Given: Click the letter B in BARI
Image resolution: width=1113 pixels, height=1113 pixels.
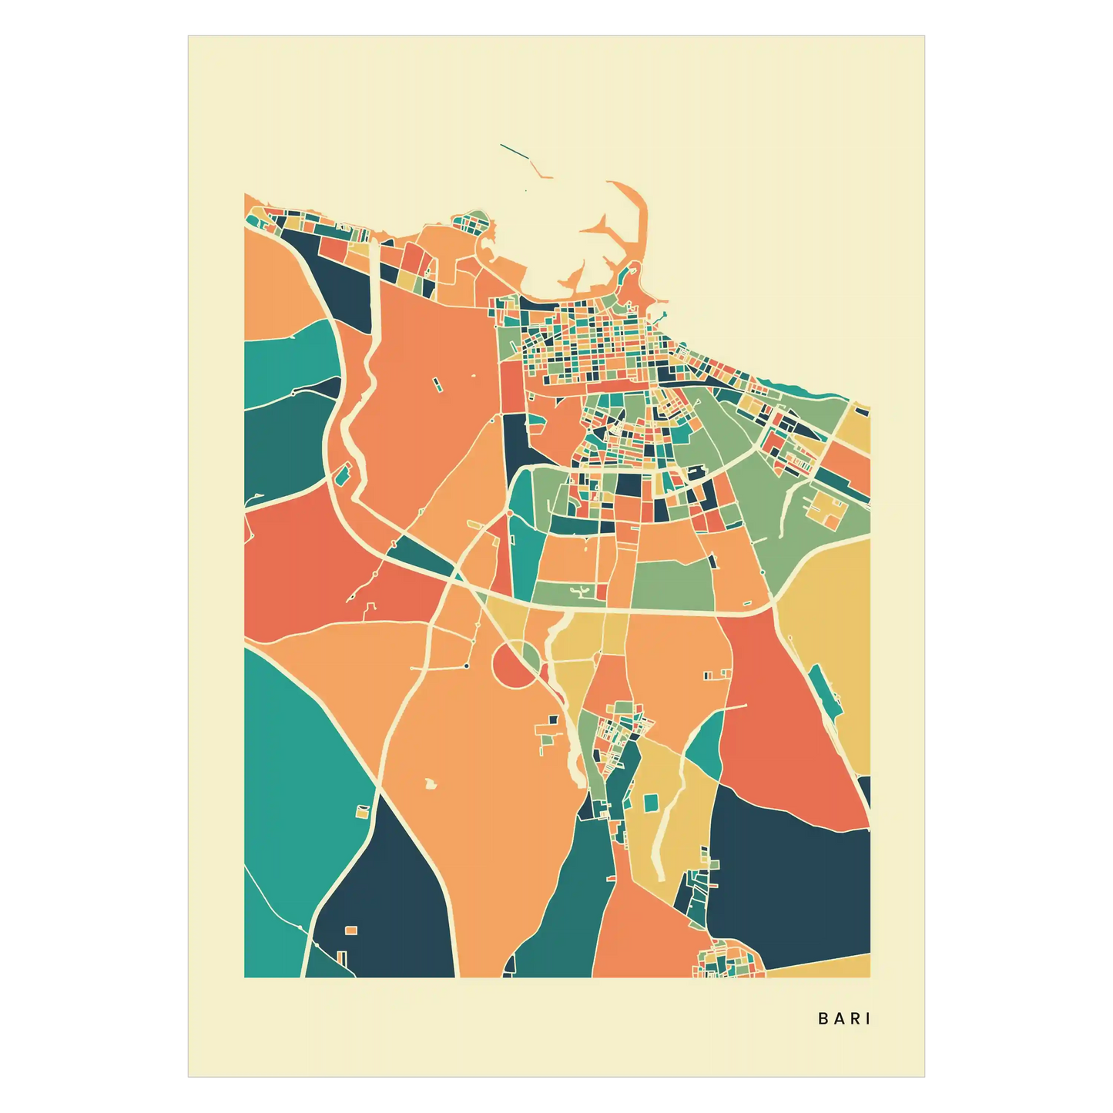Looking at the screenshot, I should [x=823, y=1018].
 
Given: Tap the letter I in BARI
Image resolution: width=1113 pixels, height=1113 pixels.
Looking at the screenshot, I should [x=869, y=1018].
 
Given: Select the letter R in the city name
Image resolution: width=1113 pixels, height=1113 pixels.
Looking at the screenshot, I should [x=854, y=1018].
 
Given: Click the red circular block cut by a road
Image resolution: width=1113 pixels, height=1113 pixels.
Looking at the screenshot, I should [x=510, y=665].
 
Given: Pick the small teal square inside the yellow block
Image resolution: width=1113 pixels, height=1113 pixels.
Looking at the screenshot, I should [x=651, y=802].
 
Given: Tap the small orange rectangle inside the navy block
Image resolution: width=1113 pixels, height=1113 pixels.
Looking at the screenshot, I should [x=351, y=930].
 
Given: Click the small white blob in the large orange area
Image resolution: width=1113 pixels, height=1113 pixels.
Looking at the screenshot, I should [x=430, y=784].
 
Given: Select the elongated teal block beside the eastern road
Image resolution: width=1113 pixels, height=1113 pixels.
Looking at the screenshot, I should [x=825, y=692].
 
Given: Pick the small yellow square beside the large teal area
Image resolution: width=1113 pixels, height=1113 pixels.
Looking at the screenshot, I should [x=362, y=811].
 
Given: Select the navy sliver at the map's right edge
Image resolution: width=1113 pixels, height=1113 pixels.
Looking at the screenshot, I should [x=864, y=789].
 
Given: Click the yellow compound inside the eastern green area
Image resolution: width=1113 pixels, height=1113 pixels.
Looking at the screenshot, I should [x=826, y=509].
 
